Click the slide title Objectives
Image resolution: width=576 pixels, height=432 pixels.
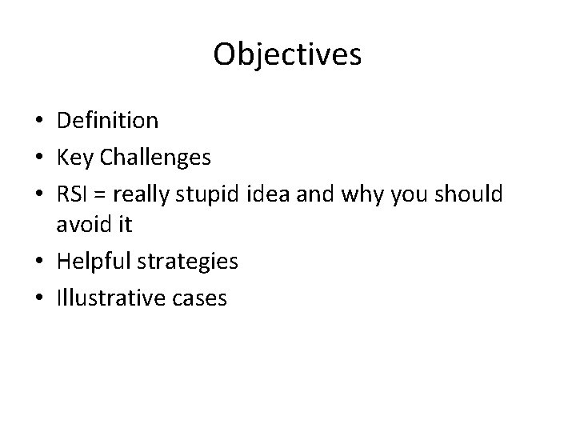[x=287, y=55]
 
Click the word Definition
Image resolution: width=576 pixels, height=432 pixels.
[x=107, y=121]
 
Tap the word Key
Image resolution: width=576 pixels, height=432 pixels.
[x=72, y=157]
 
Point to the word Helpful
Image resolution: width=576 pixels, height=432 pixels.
[x=94, y=262]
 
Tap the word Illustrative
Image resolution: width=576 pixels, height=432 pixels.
[x=110, y=298]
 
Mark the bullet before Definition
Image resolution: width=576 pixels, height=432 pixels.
[x=38, y=122]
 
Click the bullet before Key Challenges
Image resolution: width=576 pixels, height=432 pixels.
[x=38, y=158]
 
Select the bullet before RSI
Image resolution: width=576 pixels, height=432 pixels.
[x=38, y=194]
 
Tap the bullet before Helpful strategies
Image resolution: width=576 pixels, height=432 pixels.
[x=38, y=262]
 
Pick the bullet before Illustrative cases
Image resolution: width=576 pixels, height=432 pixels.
[x=38, y=298]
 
